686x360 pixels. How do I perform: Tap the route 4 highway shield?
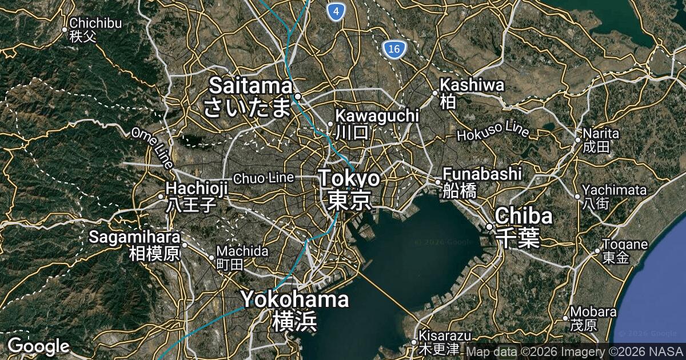pyautogui.click(x=337, y=11)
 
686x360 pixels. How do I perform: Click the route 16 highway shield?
pyautogui.click(x=393, y=50)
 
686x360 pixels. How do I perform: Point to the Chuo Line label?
pyautogui.click(x=264, y=178)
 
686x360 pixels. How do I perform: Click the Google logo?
pyautogui.click(x=38, y=346)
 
